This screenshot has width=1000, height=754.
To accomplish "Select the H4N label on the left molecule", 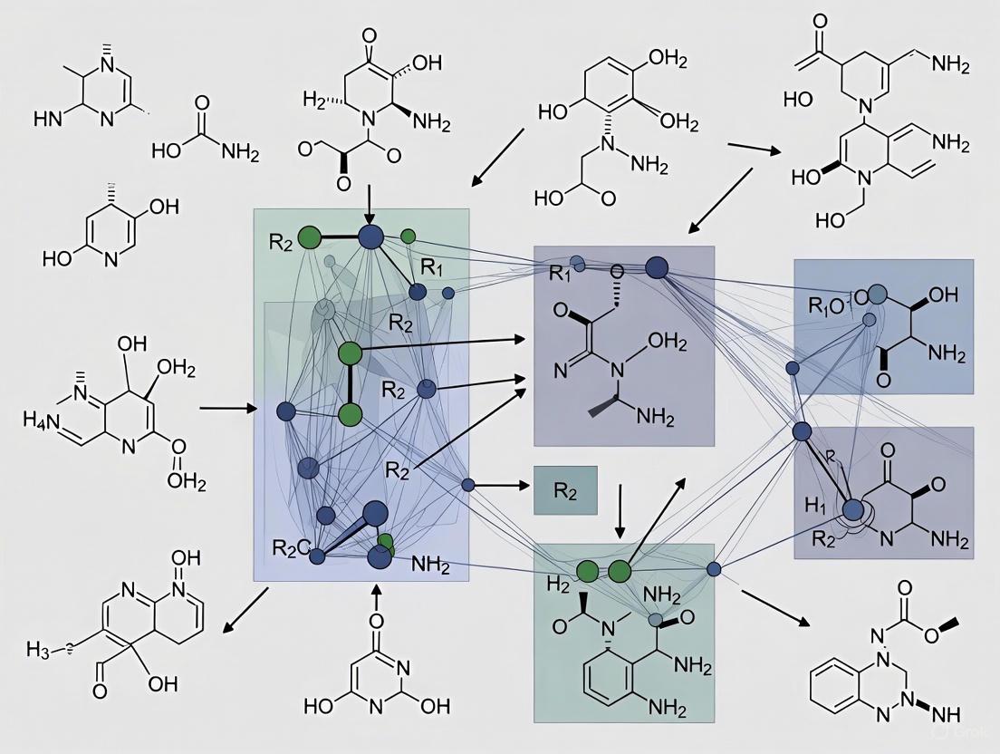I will pyautogui.click(x=41, y=419).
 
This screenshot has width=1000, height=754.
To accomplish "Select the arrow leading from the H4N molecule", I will pyautogui.click(x=227, y=409).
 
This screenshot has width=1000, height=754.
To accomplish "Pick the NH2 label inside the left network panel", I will pyautogui.click(x=430, y=563).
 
